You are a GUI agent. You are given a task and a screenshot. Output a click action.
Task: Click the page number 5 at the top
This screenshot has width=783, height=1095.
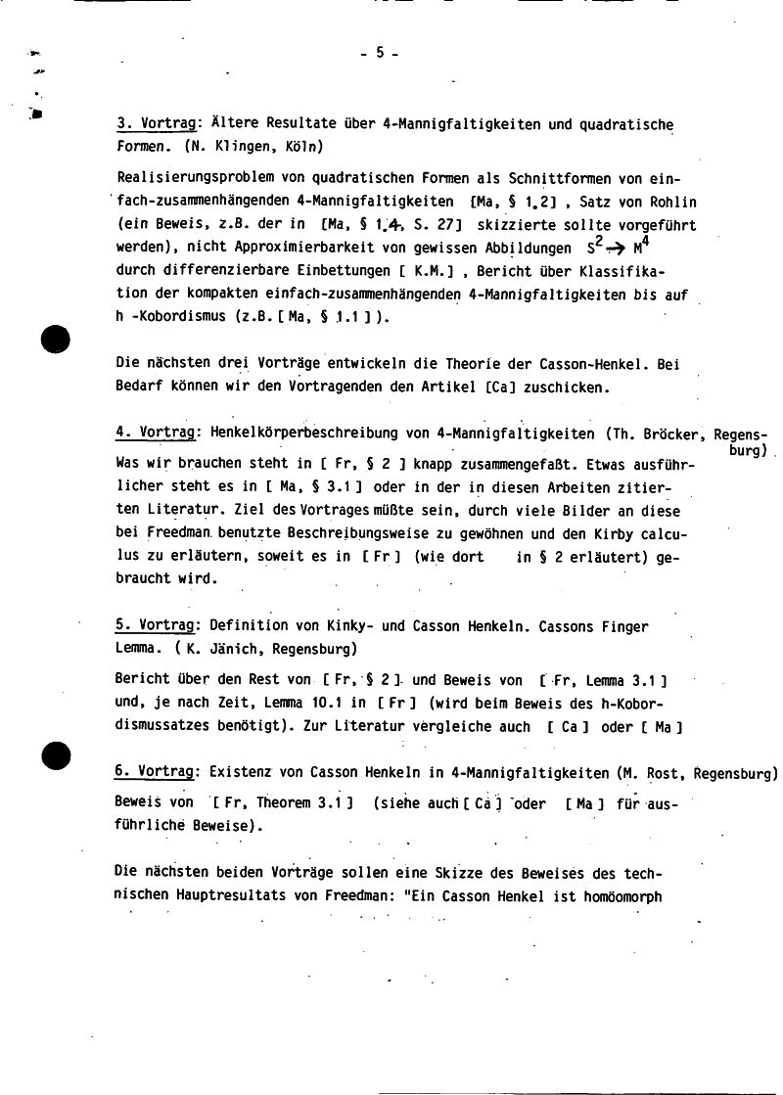pos(379,55)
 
